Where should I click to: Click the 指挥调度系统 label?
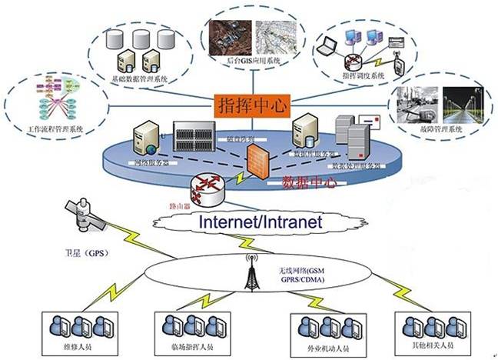(365, 75)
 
